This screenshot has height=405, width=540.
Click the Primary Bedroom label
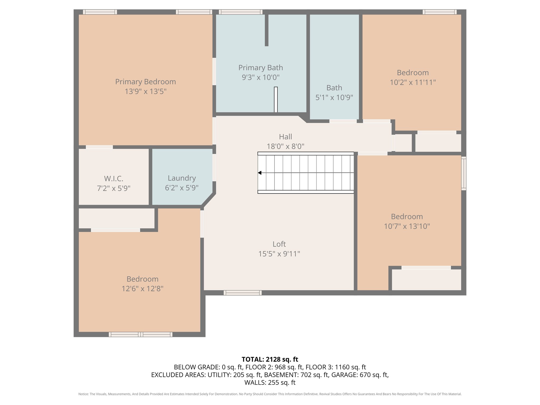pos(146,82)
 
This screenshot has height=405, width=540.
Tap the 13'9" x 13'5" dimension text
pos(146,91)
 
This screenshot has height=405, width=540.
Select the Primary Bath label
pos(261,68)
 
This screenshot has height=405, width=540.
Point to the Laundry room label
pos(182,178)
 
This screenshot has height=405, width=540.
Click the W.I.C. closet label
pos(114,179)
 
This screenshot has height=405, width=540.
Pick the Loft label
pos(279,244)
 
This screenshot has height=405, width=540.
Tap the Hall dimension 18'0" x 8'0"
pos(286,146)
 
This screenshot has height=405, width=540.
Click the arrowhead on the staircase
pos(259,173)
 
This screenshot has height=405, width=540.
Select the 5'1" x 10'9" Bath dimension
pos(334,98)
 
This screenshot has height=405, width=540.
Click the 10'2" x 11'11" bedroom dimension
pos(413,83)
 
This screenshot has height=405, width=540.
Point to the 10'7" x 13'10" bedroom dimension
pos(407,226)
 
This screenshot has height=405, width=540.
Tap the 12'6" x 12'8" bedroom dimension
pos(142,289)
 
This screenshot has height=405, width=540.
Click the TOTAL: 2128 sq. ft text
pos(270,359)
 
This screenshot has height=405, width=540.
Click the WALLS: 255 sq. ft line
pos(270,382)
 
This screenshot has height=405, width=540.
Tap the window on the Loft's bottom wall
pos(243,293)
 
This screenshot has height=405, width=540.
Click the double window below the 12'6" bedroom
pos(141,334)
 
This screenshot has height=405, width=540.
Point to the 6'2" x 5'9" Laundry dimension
pos(182,188)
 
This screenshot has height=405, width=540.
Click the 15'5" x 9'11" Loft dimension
pos(279,254)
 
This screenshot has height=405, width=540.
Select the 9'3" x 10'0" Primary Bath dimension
pos(261,78)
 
